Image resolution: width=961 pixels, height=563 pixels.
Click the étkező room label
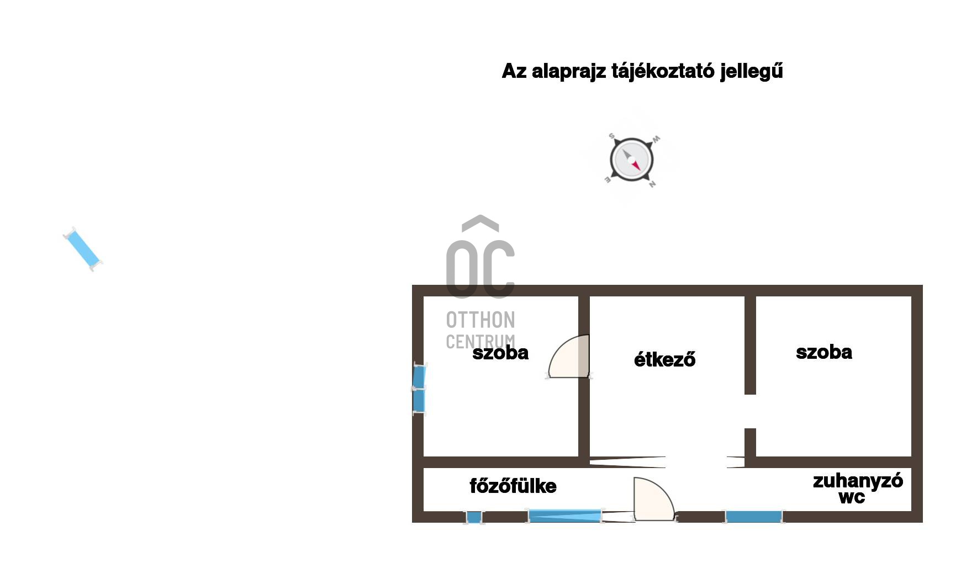(x=664, y=359)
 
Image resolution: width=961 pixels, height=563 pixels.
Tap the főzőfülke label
(x=513, y=486)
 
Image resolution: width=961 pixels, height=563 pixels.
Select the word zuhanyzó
(x=858, y=481)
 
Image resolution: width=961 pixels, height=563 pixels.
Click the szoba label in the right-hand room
(x=823, y=352)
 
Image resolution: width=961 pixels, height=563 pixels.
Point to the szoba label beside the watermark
(x=500, y=353)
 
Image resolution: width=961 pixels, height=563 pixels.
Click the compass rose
(x=632, y=160)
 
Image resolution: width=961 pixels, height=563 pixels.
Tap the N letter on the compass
(x=652, y=184)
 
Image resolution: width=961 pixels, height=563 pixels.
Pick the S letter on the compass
(x=611, y=136)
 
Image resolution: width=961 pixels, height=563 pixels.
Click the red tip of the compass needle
(x=637, y=166)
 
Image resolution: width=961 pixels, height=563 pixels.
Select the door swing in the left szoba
(x=569, y=357)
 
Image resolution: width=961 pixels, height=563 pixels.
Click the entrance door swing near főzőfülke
(x=654, y=499)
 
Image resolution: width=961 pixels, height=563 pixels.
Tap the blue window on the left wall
(x=419, y=389)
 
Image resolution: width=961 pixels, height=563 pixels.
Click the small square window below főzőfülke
(x=474, y=517)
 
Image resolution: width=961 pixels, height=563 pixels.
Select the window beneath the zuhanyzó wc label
(x=754, y=517)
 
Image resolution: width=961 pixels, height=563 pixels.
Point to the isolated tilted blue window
(x=83, y=249)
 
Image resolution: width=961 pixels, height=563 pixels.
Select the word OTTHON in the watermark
(x=480, y=320)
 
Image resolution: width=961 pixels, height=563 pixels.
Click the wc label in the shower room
(x=851, y=497)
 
